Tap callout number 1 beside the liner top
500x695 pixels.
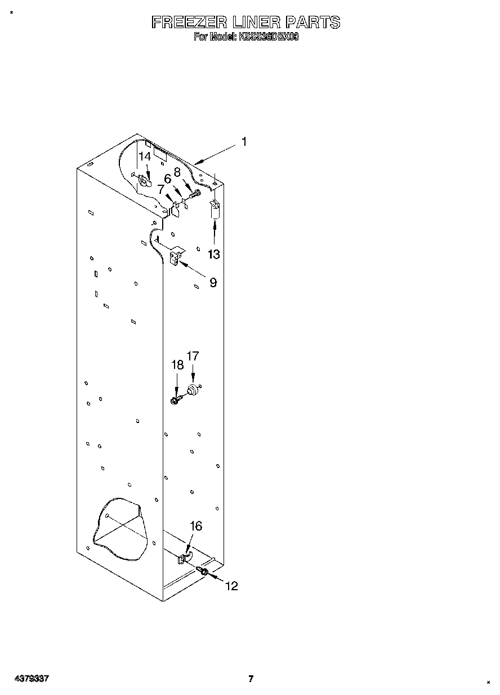tap(243, 142)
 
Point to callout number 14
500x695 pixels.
tap(145, 156)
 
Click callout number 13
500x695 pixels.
tap(213, 254)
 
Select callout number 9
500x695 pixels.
tap(213, 283)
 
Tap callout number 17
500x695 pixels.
tap(193, 356)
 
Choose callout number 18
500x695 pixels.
tap(177, 366)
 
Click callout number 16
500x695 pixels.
tap(195, 526)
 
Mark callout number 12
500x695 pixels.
tap(231, 586)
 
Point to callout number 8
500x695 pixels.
tap(177, 172)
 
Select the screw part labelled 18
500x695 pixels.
tap(175, 400)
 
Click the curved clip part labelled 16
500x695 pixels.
tap(184, 558)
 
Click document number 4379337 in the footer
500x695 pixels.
tap(32, 679)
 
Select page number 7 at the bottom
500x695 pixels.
tap(251, 679)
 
